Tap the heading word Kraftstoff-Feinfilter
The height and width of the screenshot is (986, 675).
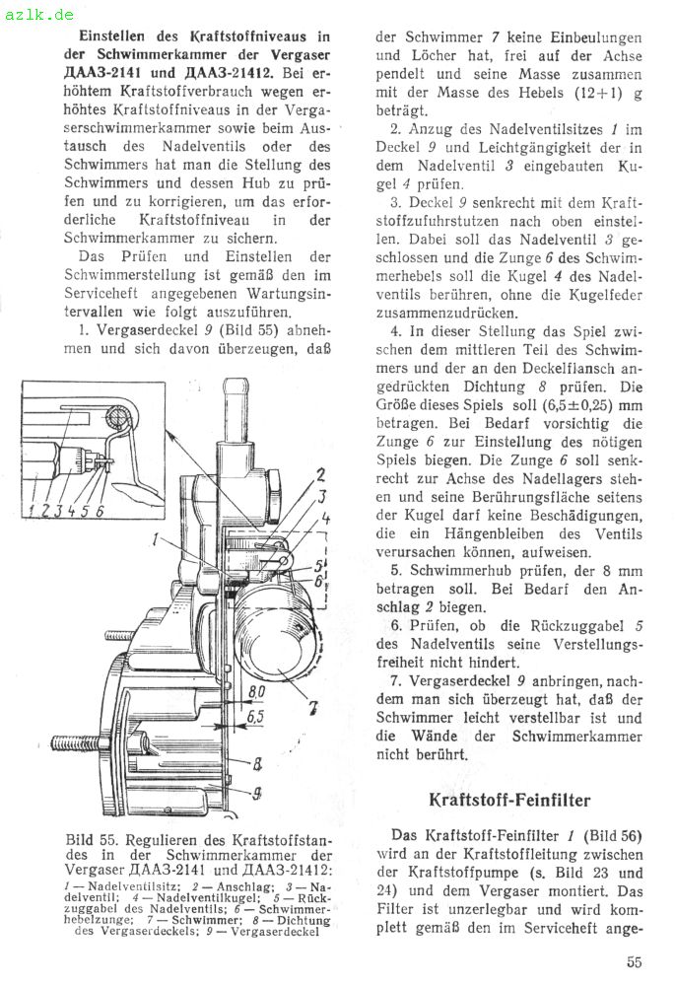coord(509,799)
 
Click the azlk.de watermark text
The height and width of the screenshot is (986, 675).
coord(37,15)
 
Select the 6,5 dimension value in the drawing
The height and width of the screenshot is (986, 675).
coord(255,717)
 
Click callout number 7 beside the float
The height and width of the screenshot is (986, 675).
coord(312,706)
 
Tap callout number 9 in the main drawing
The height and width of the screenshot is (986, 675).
coord(257,790)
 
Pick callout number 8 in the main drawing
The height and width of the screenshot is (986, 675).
coord(255,762)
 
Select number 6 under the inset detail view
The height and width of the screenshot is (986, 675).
coord(100,508)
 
